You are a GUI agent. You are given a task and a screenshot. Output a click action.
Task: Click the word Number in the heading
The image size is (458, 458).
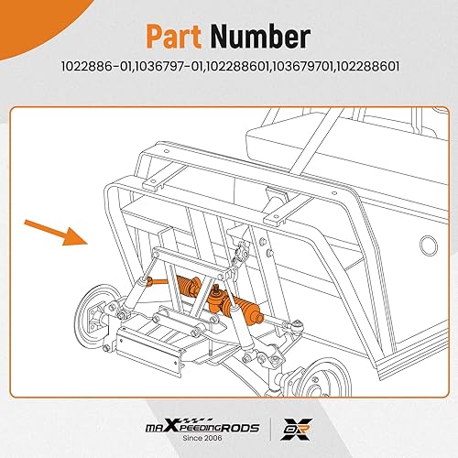pyautogui.click(x=259, y=38)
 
